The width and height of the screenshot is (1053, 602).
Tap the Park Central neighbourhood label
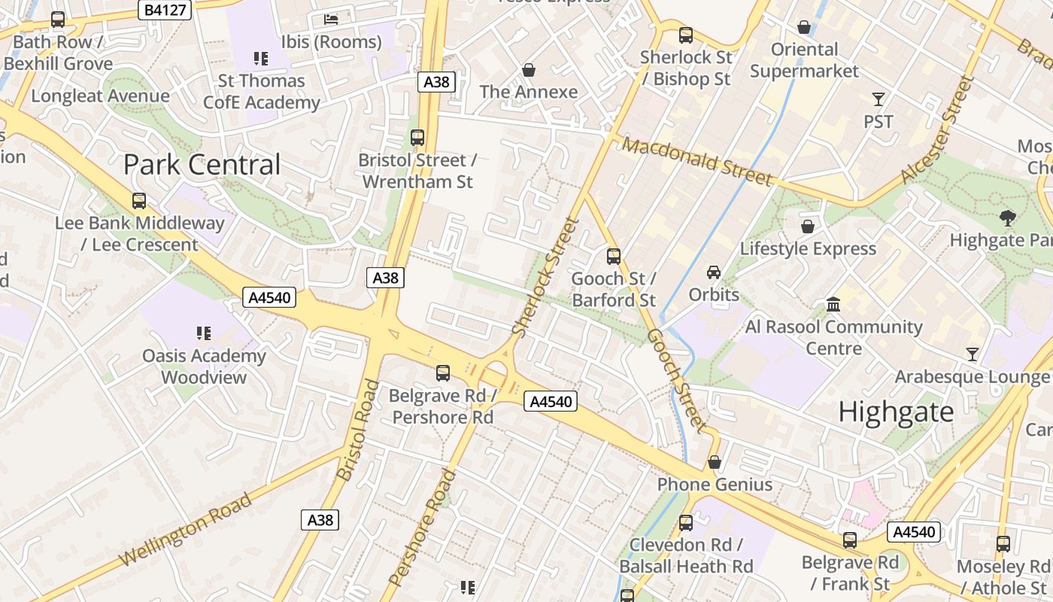click(202, 165)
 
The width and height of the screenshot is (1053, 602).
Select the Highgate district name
click(896, 412)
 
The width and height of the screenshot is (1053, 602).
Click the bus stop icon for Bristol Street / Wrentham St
click(417, 138)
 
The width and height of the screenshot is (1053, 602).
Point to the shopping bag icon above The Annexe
click(529, 70)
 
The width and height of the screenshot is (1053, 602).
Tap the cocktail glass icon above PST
click(878, 99)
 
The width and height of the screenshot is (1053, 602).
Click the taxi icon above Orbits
click(713, 272)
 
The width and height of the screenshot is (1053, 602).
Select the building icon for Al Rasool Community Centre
click(833, 305)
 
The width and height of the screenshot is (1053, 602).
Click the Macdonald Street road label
click(697, 161)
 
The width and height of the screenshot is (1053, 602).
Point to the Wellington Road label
click(185, 531)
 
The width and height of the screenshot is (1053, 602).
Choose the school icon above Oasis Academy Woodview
click(203, 332)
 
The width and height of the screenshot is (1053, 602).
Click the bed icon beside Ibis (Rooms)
click(331, 20)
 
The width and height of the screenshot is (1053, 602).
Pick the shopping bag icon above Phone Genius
click(714, 462)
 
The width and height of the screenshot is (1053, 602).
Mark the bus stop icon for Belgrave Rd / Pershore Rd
click(443, 372)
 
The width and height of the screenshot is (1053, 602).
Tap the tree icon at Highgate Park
click(1007, 218)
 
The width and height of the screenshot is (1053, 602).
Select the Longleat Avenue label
click(100, 96)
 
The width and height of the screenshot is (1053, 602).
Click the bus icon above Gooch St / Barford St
click(614, 257)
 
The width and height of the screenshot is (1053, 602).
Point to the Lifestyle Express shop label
click(808, 248)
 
